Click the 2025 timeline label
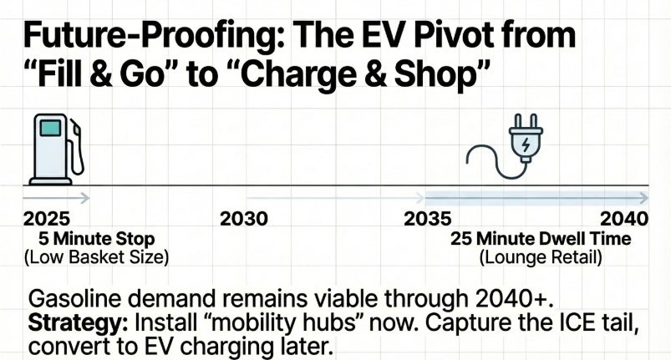pyautogui.click(x=48, y=219)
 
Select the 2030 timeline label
pyautogui.click(x=243, y=219)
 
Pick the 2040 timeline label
pyautogui.click(x=624, y=219)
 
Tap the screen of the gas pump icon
pyautogui.click(x=51, y=129)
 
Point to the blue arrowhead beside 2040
pyautogui.click(x=644, y=198)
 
